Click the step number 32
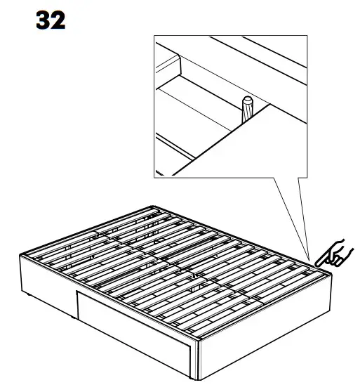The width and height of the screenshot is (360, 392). (x=51, y=20)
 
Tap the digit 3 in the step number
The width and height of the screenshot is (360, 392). (x=43, y=20)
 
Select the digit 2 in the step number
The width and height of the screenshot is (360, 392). (x=59, y=20)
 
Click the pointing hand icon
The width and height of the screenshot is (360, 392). (x=335, y=254)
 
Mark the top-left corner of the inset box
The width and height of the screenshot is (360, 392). (x=154, y=37)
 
